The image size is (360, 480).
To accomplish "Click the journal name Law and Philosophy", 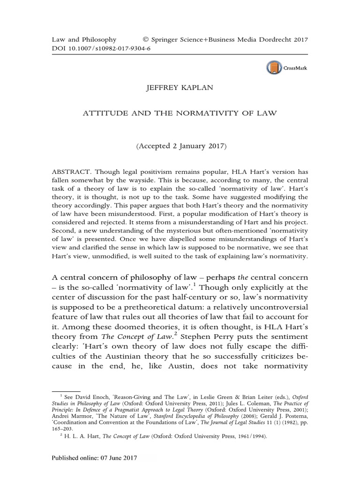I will click(83, 40).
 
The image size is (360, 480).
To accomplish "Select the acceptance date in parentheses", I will click(181, 147).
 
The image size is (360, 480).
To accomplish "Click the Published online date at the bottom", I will click(94, 457).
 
